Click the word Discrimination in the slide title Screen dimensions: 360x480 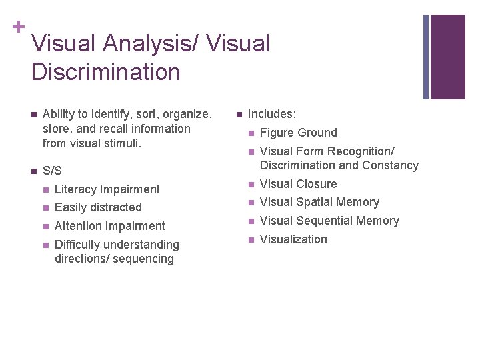click(x=105, y=71)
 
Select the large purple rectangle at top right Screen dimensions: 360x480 click(x=448, y=57)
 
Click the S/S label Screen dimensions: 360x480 click(x=52, y=171)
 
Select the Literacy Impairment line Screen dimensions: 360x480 click(x=107, y=189)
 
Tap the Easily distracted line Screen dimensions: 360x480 click(x=98, y=207)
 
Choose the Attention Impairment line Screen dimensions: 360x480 click(x=109, y=226)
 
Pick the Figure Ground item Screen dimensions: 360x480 click(x=298, y=133)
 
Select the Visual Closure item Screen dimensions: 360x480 click(x=298, y=184)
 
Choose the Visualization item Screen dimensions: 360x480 click(x=293, y=239)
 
